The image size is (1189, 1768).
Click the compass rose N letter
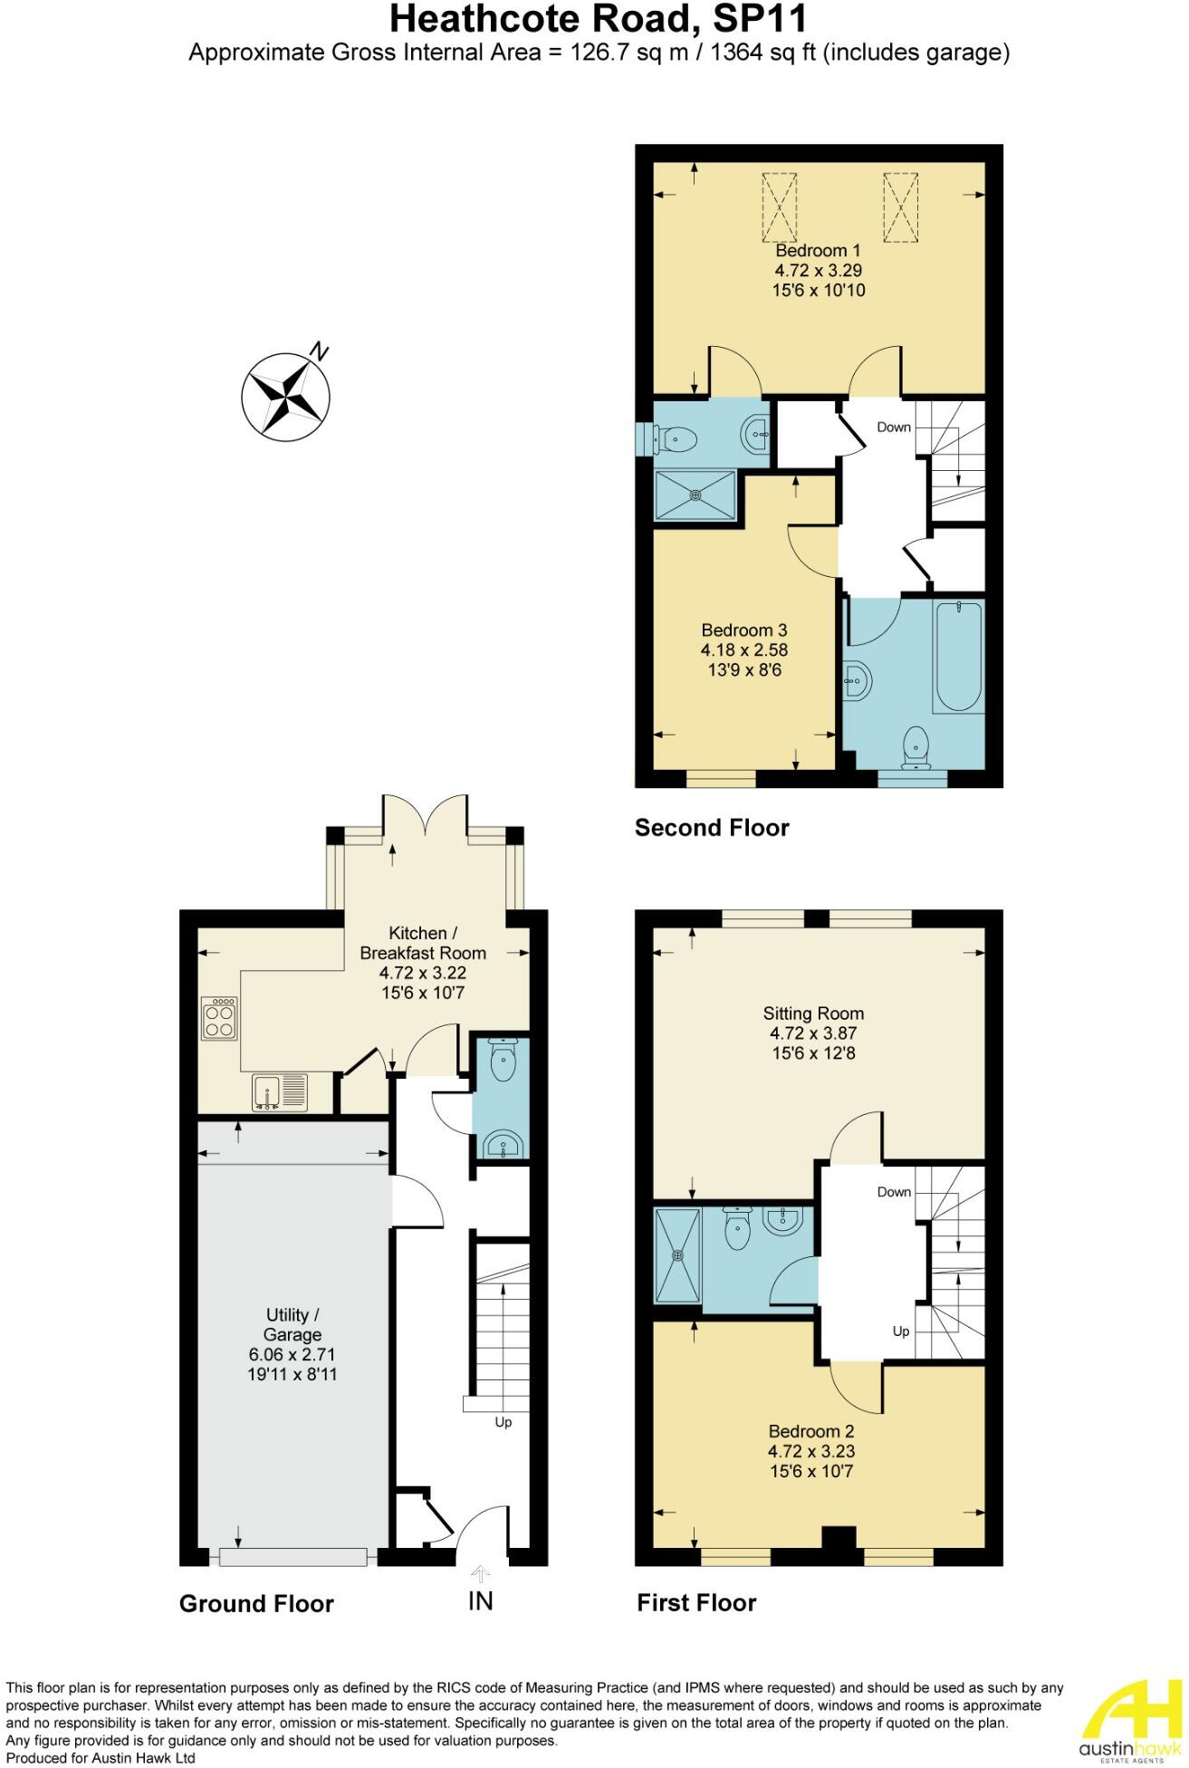[x=318, y=351]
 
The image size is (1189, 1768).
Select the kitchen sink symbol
[x=280, y=1092]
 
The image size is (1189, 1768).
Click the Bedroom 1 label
[x=818, y=251]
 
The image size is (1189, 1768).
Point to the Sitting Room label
[x=813, y=1014]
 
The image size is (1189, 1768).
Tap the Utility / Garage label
[x=292, y=1325]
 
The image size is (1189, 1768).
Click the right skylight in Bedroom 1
[x=901, y=207]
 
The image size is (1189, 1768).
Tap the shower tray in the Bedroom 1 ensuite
[x=695, y=495]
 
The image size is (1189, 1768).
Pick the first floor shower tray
[x=677, y=1254]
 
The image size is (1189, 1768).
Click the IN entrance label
[x=481, y=1601]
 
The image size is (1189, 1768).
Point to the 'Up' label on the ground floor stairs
[x=503, y=1422]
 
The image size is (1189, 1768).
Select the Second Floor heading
[x=712, y=828]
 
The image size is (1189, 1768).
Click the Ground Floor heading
[x=256, y=1604]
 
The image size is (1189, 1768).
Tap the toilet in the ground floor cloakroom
[x=502, y=1060]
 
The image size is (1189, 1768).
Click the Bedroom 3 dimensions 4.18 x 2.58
[x=743, y=650]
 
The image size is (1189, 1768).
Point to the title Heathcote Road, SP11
[x=599, y=19]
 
